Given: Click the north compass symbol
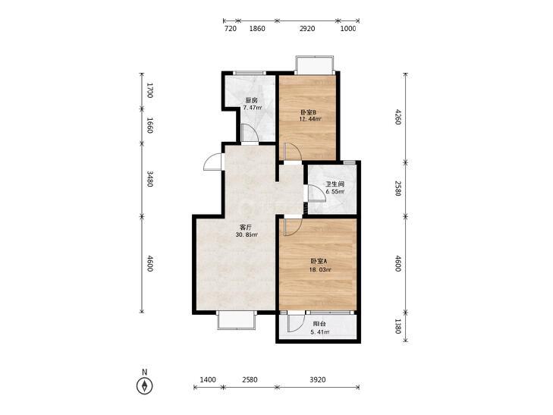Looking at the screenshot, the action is pos(144,385).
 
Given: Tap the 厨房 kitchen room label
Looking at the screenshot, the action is pos(251,100).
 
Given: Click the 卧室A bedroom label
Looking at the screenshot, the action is pos(319,261).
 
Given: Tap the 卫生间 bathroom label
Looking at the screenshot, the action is pos(335,184).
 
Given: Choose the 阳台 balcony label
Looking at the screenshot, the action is pos(319,324).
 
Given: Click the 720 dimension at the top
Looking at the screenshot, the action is pos(231,29).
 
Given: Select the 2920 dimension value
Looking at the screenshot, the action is pos(307,29).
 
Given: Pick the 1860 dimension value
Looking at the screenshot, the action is pos(257,29).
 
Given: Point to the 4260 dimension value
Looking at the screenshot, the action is pos(397,117).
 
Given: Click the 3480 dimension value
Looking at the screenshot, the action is pos(149,179).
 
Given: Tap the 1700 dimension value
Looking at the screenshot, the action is pos(149,90).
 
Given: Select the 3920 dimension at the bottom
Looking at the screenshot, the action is pos(317,380).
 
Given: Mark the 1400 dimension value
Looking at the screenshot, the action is pos(208,380).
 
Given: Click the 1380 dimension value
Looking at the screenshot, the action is pos(397,326).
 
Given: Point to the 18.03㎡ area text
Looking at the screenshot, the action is pos(319,270).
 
